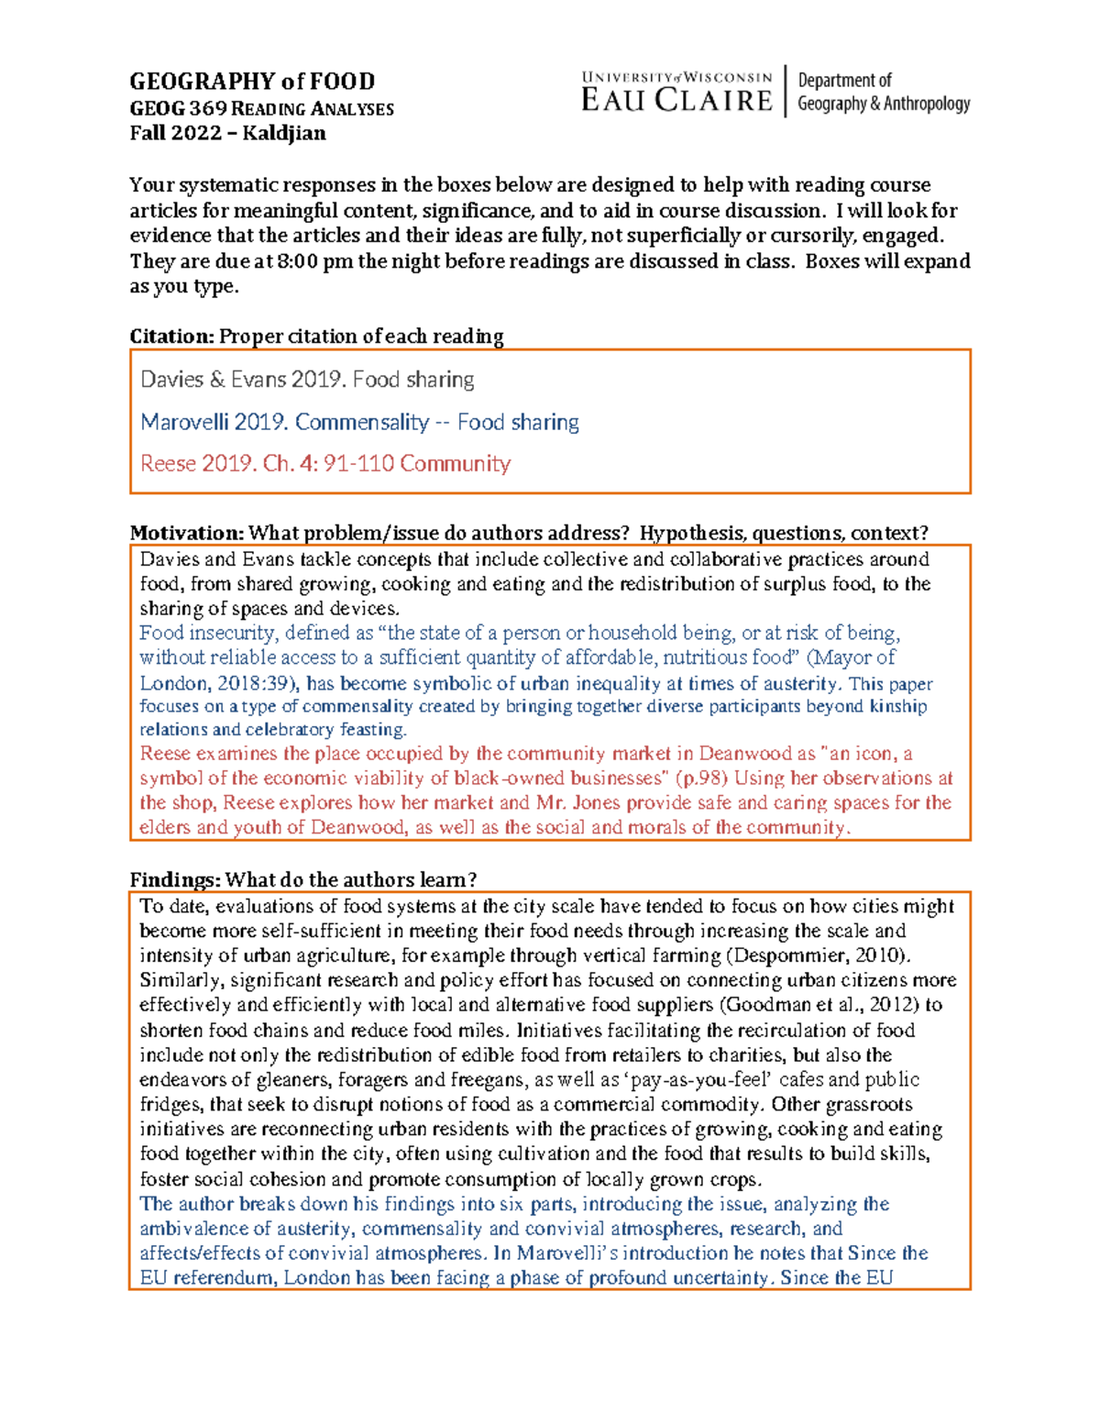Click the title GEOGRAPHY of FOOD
click(252, 82)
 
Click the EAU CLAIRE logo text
click(676, 100)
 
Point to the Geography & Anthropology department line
click(883, 104)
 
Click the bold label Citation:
click(171, 337)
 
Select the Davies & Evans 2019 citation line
click(307, 380)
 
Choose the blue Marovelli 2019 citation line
click(359, 422)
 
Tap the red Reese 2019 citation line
click(324, 464)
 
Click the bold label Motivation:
click(186, 533)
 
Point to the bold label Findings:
click(174, 880)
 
